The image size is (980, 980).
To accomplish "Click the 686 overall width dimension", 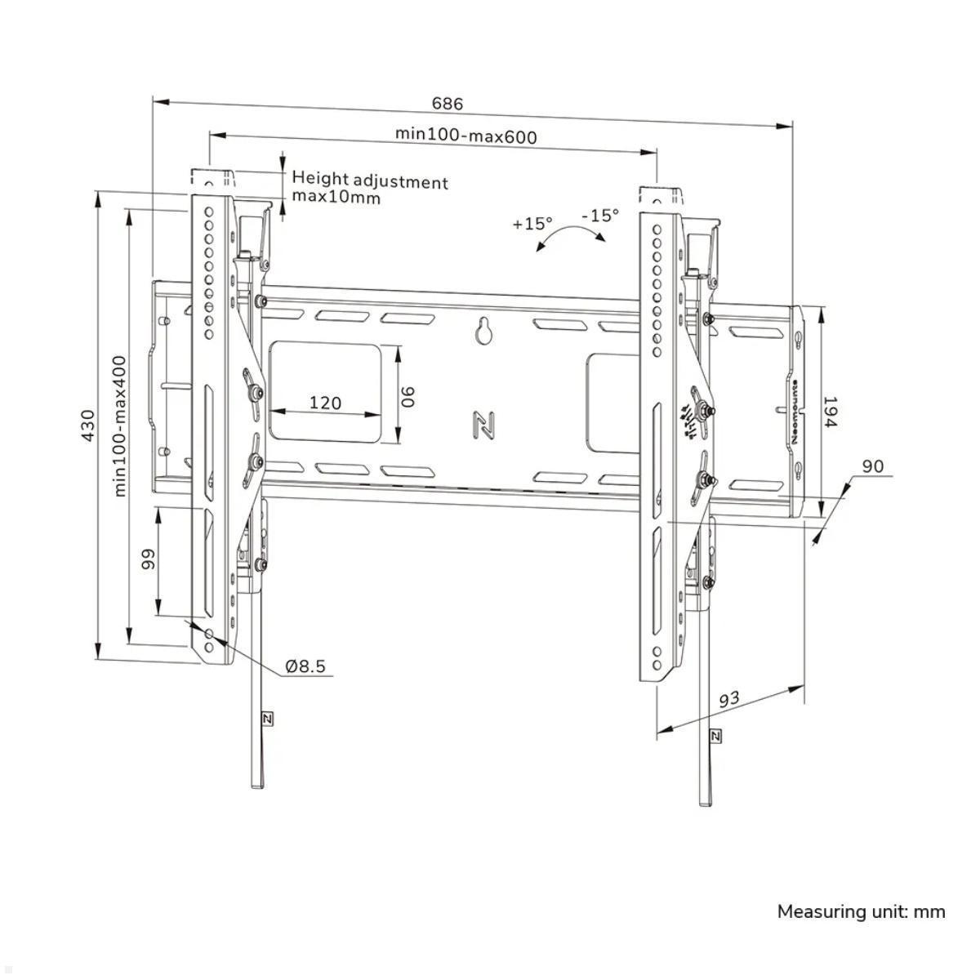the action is point(448,104).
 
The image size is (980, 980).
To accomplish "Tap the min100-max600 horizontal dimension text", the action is point(465,136).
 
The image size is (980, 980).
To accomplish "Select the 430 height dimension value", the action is point(88,425).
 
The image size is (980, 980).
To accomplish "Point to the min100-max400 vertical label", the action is point(119,425).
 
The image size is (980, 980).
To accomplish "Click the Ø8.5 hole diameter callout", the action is point(305,666).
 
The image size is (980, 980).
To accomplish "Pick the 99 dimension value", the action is point(148,559).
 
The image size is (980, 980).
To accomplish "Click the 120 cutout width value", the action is point(325,403).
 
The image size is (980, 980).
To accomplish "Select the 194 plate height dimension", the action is point(830,412).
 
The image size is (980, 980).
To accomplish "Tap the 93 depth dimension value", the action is point(728,700).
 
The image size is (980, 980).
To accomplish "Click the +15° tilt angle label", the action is point(532,223).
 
